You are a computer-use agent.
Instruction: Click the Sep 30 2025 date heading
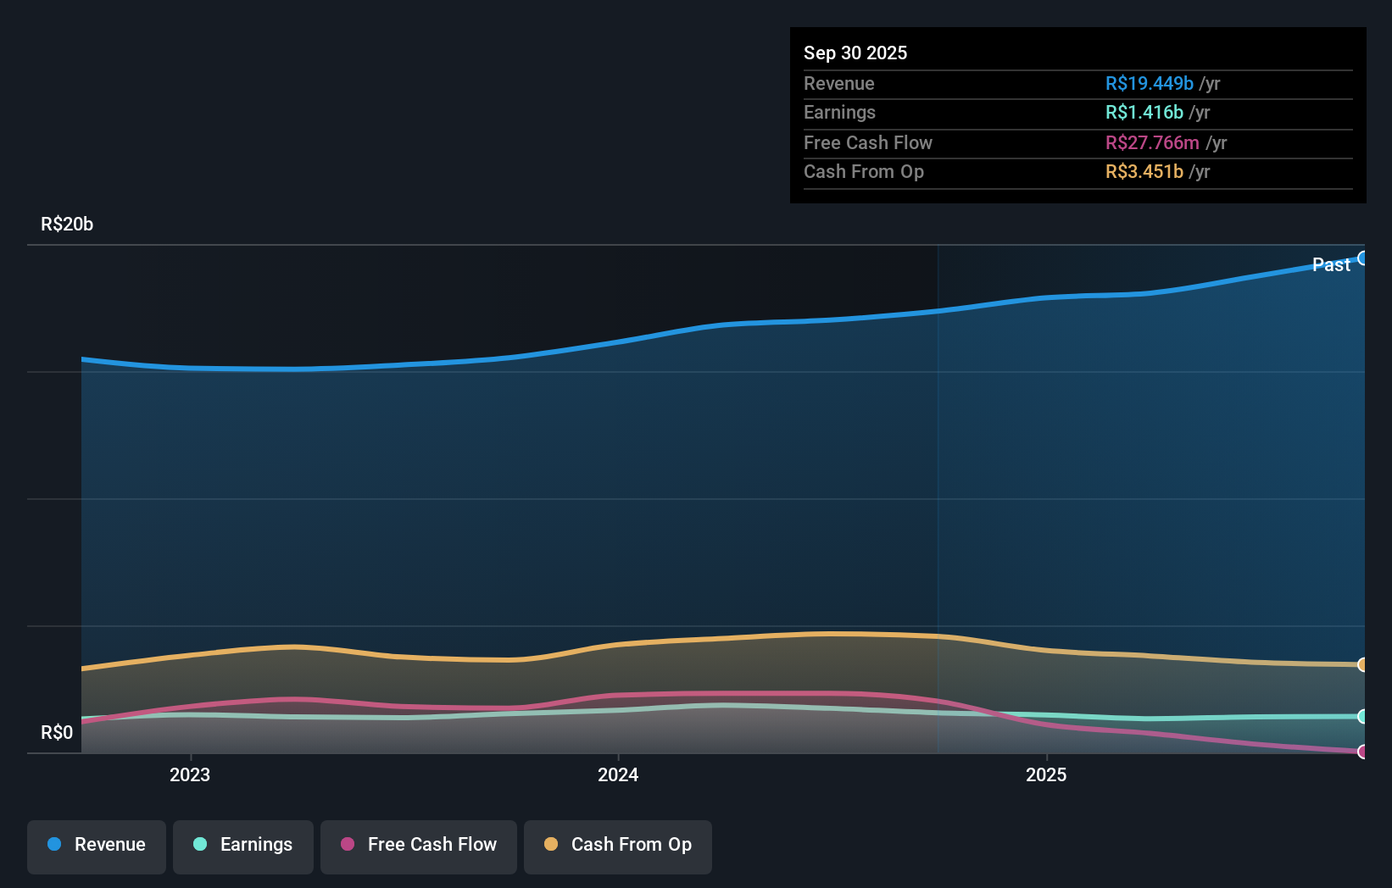(x=855, y=53)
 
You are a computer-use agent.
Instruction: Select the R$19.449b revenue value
(x=1149, y=83)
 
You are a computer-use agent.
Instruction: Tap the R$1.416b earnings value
(x=1144, y=112)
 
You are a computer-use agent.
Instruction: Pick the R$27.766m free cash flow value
(x=1151, y=142)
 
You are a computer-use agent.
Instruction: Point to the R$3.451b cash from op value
(x=1144, y=171)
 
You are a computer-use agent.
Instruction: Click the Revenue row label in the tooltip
(x=838, y=83)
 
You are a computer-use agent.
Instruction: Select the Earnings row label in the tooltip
(x=839, y=112)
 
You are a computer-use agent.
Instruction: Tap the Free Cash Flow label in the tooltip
(x=867, y=142)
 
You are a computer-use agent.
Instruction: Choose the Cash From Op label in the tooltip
(x=863, y=171)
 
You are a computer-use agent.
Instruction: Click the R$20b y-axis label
(x=67, y=224)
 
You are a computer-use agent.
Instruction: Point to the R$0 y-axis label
(x=57, y=732)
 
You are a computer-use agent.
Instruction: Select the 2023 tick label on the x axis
(x=190, y=774)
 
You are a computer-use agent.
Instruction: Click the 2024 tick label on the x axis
(x=618, y=774)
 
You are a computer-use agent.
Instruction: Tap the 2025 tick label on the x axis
(x=1046, y=774)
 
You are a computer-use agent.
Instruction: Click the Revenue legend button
(x=97, y=846)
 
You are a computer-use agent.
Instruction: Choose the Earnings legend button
(x=243, y=846)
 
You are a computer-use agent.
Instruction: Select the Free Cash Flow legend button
(x=419, y=846)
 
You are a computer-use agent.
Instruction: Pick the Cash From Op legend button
(x=618, y=846)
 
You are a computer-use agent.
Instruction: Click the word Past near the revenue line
(x=1331, y=264)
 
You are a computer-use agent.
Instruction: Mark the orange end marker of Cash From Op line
(x=1362, y=664)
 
